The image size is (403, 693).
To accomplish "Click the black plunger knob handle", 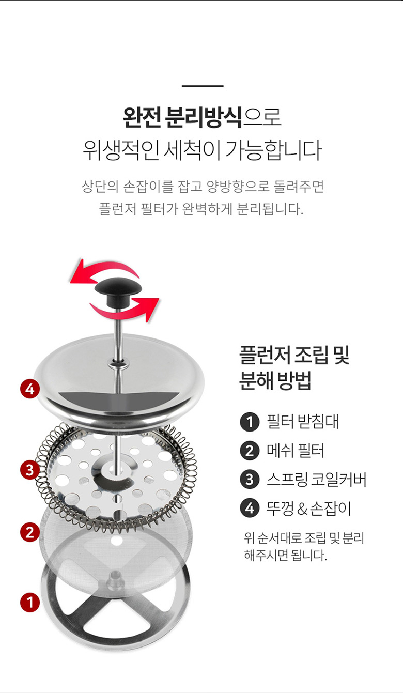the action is [118, 292].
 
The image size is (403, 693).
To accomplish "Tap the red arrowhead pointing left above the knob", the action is [81, 272].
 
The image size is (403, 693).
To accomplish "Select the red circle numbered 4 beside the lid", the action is [30, 389].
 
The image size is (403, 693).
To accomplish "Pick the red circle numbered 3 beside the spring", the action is [30, 470].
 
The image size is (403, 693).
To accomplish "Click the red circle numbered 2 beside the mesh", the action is [30, 533].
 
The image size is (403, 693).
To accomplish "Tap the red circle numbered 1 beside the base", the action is [30, 603].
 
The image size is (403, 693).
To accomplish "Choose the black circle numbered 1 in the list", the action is [250, 422].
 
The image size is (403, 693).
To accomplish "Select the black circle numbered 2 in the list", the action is [250, 451].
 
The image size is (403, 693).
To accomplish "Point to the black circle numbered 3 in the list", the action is [250, 480].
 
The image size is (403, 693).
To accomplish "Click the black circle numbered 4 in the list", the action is [250, 508].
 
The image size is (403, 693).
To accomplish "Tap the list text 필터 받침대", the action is [303, 422].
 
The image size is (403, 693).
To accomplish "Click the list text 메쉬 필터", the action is [296, 451].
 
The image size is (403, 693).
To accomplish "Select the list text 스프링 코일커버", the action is [316, 479].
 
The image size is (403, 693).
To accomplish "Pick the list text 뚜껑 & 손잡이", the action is [309, 508].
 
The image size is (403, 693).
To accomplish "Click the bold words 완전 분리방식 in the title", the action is [182, 118].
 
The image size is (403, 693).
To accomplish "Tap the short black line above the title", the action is [203, 86].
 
